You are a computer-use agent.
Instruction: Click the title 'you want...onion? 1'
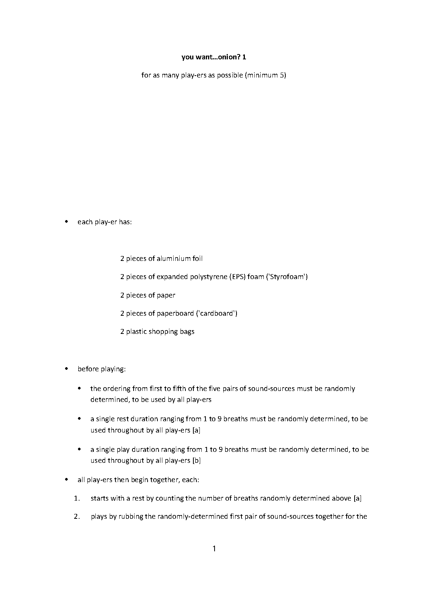point(214,57)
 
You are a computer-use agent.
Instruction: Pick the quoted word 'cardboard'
point(217,313)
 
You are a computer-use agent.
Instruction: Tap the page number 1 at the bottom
point(214,549)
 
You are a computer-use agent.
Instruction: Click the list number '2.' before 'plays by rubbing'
point(77,517)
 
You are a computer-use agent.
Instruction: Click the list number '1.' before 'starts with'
point(77,498)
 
